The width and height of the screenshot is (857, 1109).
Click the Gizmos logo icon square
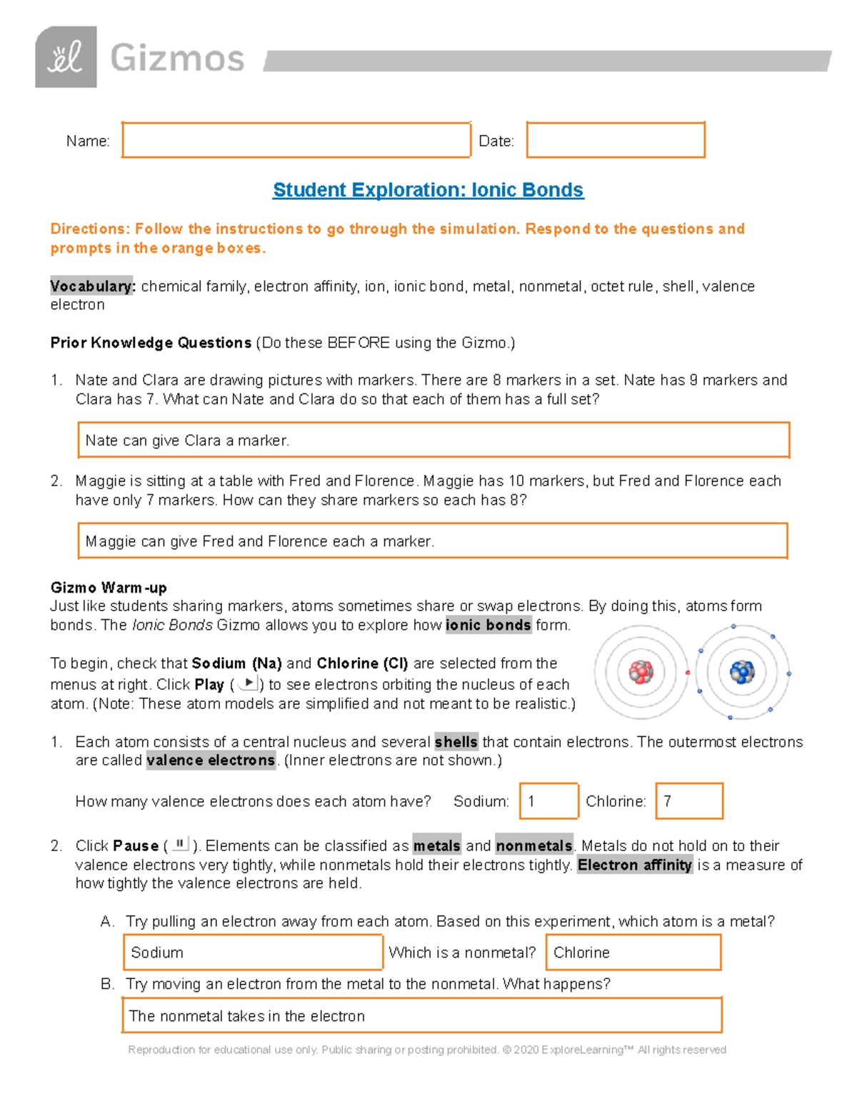pos(66,57)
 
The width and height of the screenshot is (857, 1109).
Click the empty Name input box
pos(296,140)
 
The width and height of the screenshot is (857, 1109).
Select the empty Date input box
pos(616,140)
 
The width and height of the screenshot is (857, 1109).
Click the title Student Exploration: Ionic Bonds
pos(428,190)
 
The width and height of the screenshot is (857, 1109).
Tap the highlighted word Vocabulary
pos(91,286)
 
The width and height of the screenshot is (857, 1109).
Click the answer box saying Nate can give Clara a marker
pos(433,440)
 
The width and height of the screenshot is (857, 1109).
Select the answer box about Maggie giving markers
pos(432,541)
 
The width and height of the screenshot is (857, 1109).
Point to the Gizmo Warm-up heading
pos(109,588)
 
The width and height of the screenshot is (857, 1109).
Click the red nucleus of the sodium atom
pos(641,672)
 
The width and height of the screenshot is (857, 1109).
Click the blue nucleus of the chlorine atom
pos(742,672)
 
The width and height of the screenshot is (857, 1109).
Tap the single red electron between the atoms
pos(688,673)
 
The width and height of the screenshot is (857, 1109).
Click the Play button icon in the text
pos(248,683)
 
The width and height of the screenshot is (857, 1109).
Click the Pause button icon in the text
pos(180,845)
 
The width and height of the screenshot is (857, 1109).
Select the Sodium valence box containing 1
pos(548,801)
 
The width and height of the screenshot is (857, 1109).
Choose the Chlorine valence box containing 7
pos(689,801)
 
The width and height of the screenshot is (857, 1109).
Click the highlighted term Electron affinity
pos(635,865)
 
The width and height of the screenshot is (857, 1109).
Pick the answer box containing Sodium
pos(253,953)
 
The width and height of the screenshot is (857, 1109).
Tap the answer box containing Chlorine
pos(633,953)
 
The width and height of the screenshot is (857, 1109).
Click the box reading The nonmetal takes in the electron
pos(421,1015)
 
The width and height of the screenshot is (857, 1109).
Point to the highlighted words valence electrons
pos(211,761)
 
